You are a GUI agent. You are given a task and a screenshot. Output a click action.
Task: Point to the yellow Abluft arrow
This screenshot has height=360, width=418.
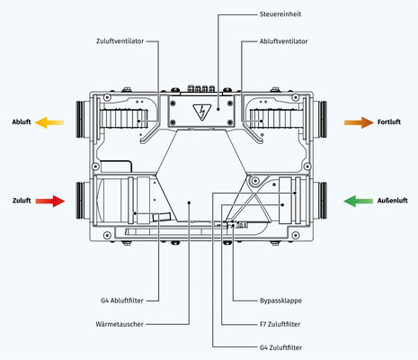(50, 121)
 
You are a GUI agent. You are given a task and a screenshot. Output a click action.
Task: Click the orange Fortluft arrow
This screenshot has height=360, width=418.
(360, 121)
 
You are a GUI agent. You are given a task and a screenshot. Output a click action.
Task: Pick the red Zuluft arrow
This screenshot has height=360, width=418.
(50, 201)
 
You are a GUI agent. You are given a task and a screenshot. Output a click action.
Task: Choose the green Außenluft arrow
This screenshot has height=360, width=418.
(360, 201)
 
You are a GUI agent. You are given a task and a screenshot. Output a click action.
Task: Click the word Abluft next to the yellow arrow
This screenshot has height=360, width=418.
(22, 121)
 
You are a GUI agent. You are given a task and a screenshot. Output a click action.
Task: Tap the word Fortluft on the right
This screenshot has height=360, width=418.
(392, 121)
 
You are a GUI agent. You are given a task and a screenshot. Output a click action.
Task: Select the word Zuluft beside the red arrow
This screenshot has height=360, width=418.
(22, 201)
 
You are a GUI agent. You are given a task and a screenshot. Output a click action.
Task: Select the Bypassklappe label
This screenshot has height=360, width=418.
(268, 301)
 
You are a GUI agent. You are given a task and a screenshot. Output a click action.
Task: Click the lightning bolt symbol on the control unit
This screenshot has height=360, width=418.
(201, 112)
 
